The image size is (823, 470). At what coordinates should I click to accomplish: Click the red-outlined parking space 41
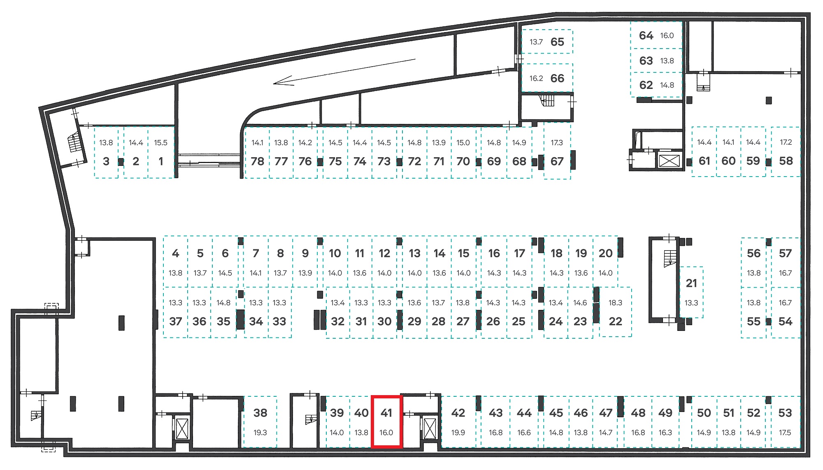(x=386, y=421)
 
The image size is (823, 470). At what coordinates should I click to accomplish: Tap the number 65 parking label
(x=557, y=42)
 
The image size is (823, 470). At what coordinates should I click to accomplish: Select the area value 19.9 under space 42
(x=458, y=433)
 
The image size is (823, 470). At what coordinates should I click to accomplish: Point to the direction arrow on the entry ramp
(x=344, y=72)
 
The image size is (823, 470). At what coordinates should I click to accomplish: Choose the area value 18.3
(x=615, y=302)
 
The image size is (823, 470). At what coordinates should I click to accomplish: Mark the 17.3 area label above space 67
(x=557, y=142)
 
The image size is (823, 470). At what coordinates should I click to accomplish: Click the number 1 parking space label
(x=161, y=161)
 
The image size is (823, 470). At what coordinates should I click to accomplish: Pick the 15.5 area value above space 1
(x=161, y=143)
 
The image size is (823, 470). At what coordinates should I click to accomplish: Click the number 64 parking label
(x=646, y=35)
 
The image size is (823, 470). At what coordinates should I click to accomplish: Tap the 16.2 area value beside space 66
(x=536, y=78)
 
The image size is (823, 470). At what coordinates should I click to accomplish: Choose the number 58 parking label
(x=786, y=161)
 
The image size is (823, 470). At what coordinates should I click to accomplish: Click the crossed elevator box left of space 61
(x=669, y=161)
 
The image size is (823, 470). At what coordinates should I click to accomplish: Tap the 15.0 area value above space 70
(x=463, y=143)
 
